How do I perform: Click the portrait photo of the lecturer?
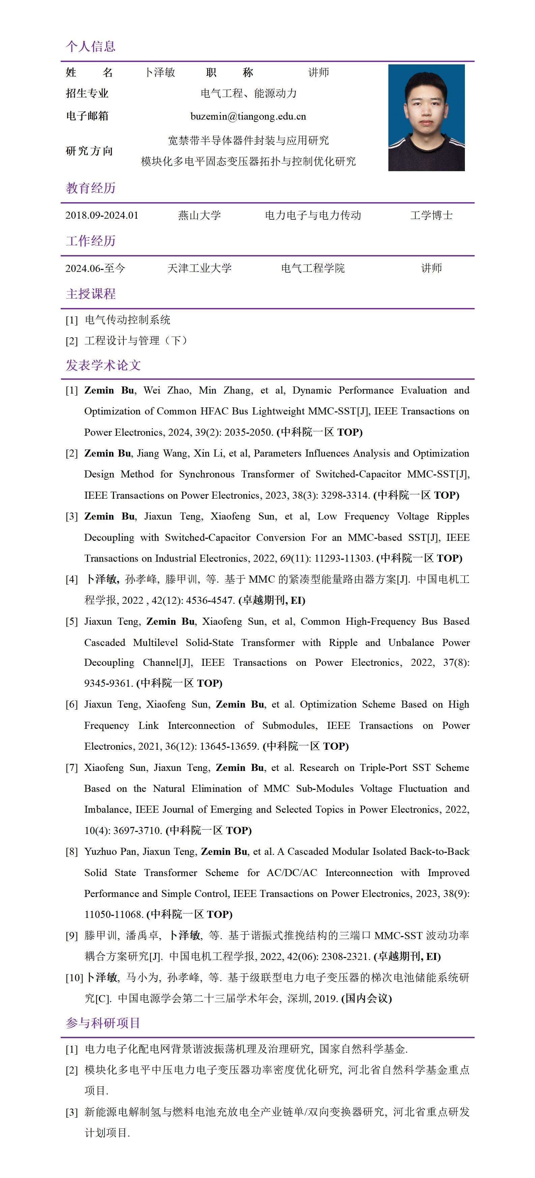coord(426,118)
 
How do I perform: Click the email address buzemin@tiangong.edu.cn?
coord(248,116)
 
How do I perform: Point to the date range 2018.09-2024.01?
coord(101,215)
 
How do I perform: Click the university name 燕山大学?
coord(199,215)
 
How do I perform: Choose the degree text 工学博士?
coord(431,215)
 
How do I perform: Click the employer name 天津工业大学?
coord(199,269)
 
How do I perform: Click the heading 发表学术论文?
coord(103,365)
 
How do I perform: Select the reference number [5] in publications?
coord(72,621)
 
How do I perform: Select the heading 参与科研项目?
coord(103,1023)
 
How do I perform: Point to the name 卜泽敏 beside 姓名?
coord(160,72)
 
